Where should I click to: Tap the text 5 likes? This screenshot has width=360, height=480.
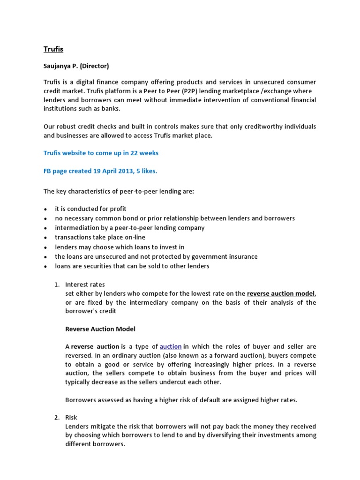pyautogui.click(x=146, y=171)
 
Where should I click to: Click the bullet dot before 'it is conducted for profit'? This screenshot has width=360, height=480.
pyautogui.click(x=45, y=209)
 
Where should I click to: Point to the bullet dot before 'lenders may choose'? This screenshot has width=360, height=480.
pyautogui.click(x=45, y=247)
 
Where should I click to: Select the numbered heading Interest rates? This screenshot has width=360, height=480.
pyautogui.click(x=85, y=285)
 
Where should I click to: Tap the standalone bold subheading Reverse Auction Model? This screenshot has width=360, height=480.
pyautogui.click(x=100, y=329)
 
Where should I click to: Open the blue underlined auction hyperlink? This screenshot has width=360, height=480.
pyautogui.click(x=171, y=346)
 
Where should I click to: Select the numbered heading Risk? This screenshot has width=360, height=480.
pyautogui.click(x=71, y=417)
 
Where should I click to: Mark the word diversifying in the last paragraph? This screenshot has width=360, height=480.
pyautogui.click(x=215, y=435)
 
